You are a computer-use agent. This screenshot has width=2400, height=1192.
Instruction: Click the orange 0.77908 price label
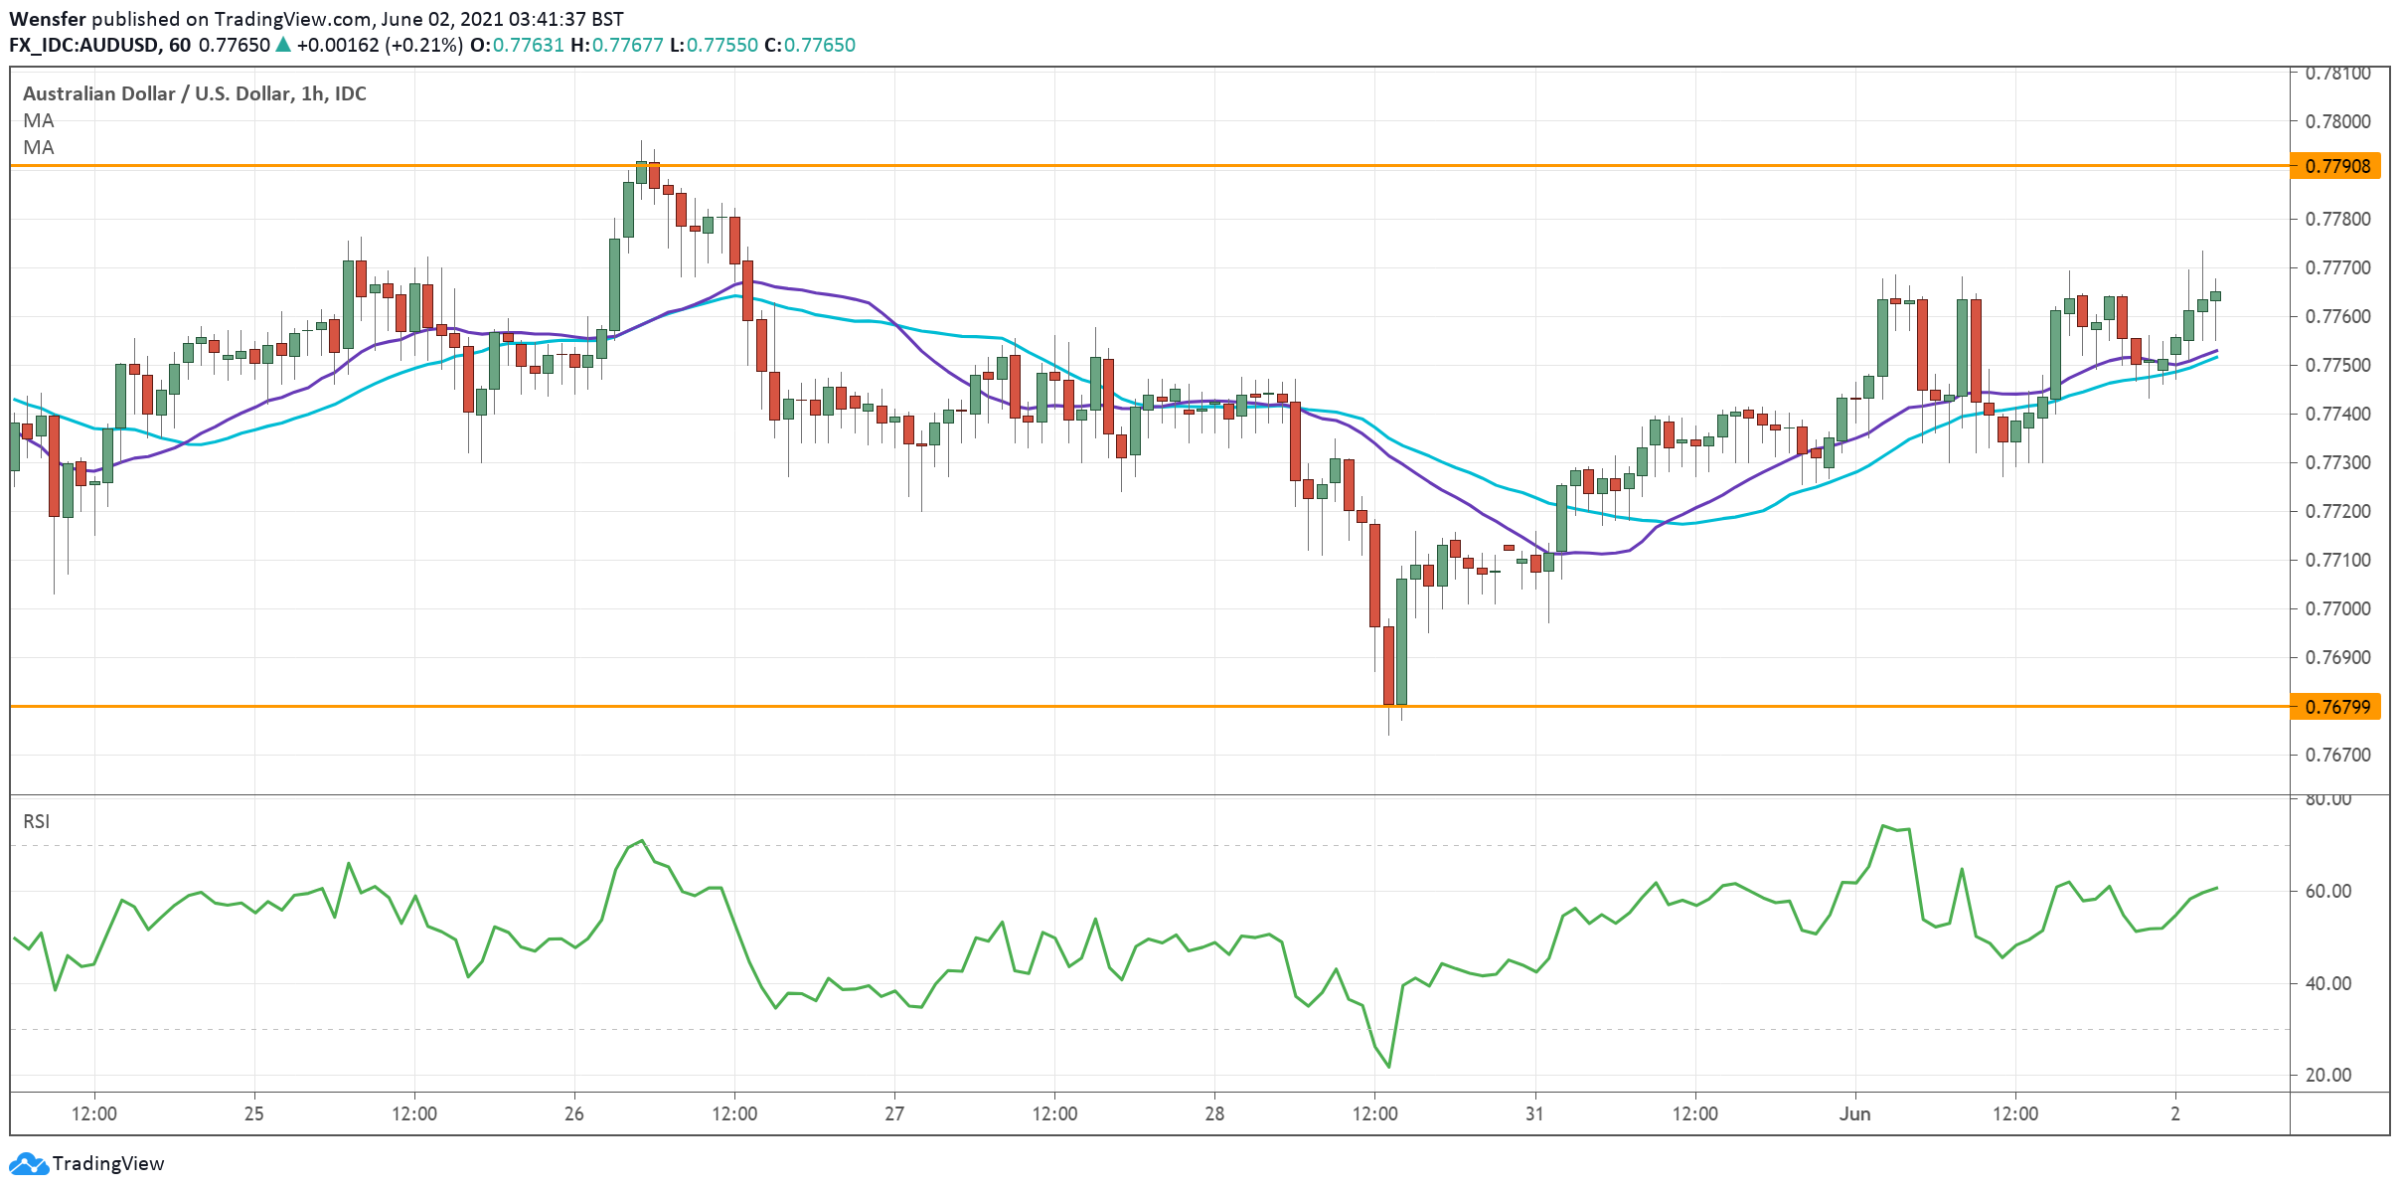tap(2338, 166)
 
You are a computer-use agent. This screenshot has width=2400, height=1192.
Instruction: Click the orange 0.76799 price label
tap(2338, 707)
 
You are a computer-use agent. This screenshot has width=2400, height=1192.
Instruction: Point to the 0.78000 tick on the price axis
tap(2337, 121)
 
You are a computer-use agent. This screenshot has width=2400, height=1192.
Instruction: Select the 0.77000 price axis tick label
tap(2337, 608)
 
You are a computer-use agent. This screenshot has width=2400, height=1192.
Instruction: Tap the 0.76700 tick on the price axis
tap(2337, 755)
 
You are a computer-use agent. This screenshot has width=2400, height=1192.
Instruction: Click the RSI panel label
tap(36, 821)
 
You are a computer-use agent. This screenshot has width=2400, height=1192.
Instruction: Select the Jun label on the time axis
tap(1854, 1113)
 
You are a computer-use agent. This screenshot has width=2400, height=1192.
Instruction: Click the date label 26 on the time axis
tap(573, 1113)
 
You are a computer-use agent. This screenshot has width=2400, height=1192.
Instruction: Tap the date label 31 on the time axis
tap(1534, 1113)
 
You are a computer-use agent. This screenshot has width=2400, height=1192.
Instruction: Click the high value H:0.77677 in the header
tap(616, 45)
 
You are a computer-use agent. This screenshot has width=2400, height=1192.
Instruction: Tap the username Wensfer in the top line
tap(47, 19)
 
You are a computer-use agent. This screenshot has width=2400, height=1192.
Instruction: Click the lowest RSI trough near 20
tap(1388, 1067)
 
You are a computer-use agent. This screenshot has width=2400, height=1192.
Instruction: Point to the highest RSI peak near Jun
tap(1882, 826)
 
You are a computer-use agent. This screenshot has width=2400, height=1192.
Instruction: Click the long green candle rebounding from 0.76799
tap(1401, 641)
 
